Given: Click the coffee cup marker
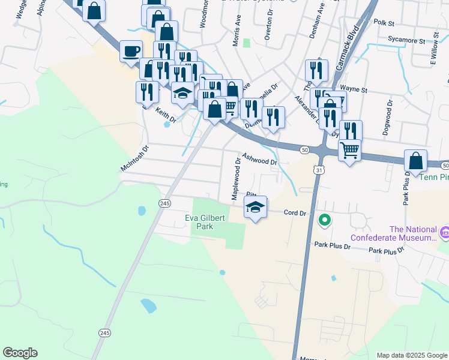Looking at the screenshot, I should pyautogui.click(x=131, y=51).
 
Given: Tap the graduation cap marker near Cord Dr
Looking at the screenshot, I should pyautogui.click(x=256, y=208).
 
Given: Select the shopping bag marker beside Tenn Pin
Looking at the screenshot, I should pyautogui.click(x=415, y=161).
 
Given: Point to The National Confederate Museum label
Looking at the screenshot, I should pyautogui.click(x=412, y=233).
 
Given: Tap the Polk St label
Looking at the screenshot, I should pyautogui.click(x=382, y=23).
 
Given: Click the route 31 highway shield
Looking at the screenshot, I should pyautogui.click(x=319, y=170).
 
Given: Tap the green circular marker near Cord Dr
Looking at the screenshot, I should pyautogui.click(x=325, y=221).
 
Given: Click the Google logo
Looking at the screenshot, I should pyautogui.click(x=20, y=353).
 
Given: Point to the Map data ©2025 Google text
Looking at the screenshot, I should pyautogui.click(x=412, y=355).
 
